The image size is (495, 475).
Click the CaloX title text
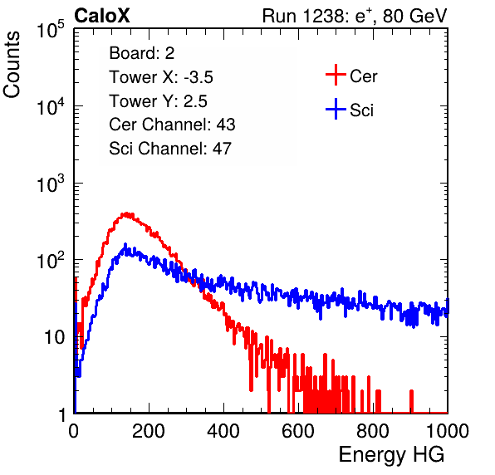tap(101, 16)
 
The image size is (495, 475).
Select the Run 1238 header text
tap(355, 16)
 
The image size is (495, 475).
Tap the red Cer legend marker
tap(336, 75)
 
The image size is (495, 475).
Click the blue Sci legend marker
tap(336, 109)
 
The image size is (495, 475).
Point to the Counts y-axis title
tap(12, 65)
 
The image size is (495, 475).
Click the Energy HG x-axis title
tap(391, 455)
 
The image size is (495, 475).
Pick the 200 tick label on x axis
tap(149, 430)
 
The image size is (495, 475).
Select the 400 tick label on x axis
tap(223, 430)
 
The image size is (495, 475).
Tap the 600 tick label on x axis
tap(298, 430)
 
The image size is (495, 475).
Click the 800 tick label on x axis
tap(373, 430)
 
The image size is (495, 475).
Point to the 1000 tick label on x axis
tap(447, 430)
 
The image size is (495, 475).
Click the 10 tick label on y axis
tap(54, 338)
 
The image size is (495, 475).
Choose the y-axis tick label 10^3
tap(51, 184)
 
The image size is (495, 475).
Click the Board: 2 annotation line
tap(142, 53)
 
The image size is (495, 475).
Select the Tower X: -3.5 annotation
tap(161, 77)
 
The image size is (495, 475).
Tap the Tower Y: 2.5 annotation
tap(158, 101)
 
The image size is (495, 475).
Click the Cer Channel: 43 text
tap(172, 125)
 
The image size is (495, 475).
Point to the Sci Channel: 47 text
tap(170, 149)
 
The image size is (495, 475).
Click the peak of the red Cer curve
tap(126, 214)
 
